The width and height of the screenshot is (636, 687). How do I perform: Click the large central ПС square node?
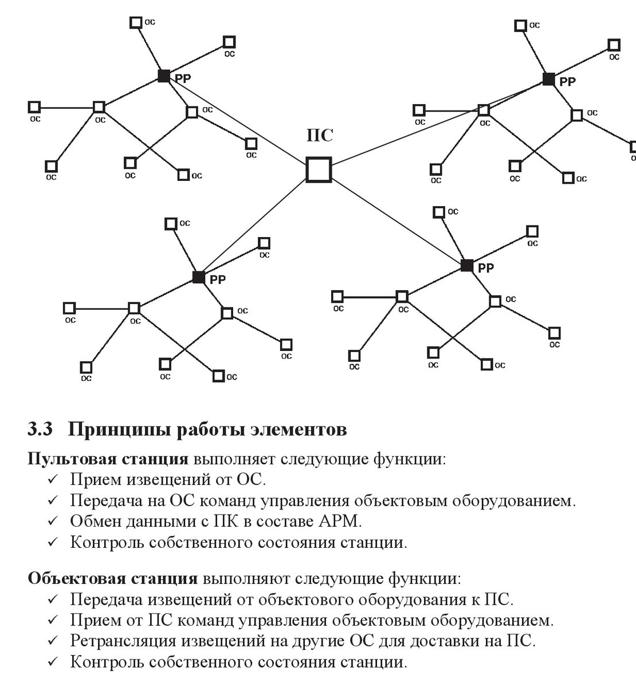[319, 170]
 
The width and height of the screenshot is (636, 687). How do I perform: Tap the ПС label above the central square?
[320, 136]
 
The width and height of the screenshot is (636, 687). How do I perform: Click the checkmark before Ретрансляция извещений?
[53, 642]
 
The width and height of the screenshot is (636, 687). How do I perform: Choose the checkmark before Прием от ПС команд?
[53, 621]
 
